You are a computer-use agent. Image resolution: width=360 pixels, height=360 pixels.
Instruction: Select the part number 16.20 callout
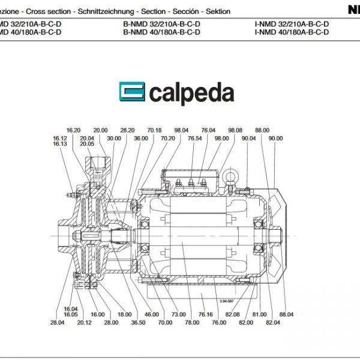[x=74, y=130]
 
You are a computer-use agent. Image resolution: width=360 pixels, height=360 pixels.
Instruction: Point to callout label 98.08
[x=235, y=130]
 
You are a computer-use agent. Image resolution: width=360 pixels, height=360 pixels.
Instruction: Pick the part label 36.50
[x=138, y=322]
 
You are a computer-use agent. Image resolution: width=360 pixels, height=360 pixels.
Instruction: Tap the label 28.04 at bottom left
[x=58, y=323]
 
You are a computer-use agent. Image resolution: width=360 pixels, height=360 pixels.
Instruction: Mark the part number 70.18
[x=155, y=130]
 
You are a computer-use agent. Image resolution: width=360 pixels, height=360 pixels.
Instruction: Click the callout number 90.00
[x=276, y=138]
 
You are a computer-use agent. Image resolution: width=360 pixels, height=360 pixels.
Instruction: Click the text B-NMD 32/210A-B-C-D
[x=161, y=25]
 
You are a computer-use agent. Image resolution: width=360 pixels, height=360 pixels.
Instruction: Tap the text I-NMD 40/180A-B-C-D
[x=292, y=33]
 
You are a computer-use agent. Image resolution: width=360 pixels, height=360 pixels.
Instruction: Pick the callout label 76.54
[x=194, y=138]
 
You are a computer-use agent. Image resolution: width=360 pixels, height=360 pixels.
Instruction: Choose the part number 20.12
[x=84, y=322]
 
